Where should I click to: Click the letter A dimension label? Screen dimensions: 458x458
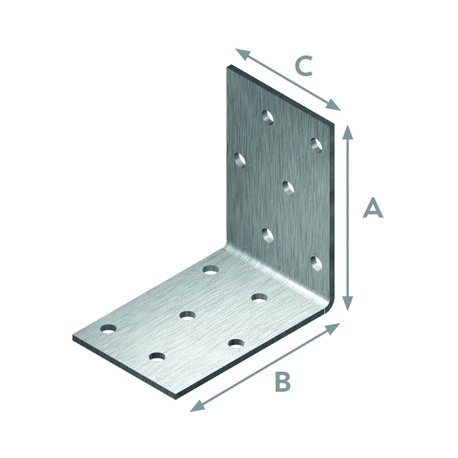click(x=372, y=208)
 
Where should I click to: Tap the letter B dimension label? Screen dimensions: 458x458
click(x=282, y=382)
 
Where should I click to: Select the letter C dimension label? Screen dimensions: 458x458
click(x=304, y=66)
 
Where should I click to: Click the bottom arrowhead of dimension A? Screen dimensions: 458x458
click(x=348, y=304)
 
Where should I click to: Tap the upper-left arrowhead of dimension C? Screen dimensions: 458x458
click(x=241, y=53)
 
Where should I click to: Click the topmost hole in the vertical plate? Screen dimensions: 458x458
click(x=267, y=117)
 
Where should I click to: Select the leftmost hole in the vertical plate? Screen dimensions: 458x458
click(x=239, y=159)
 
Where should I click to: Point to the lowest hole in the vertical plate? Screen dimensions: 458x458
click(x=317, y=264)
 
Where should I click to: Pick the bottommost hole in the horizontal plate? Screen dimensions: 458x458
click(x=156, y=357)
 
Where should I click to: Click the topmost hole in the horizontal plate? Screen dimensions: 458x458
click(x=210, y=269)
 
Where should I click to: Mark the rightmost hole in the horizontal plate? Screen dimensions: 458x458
click(x=259, y=298)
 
